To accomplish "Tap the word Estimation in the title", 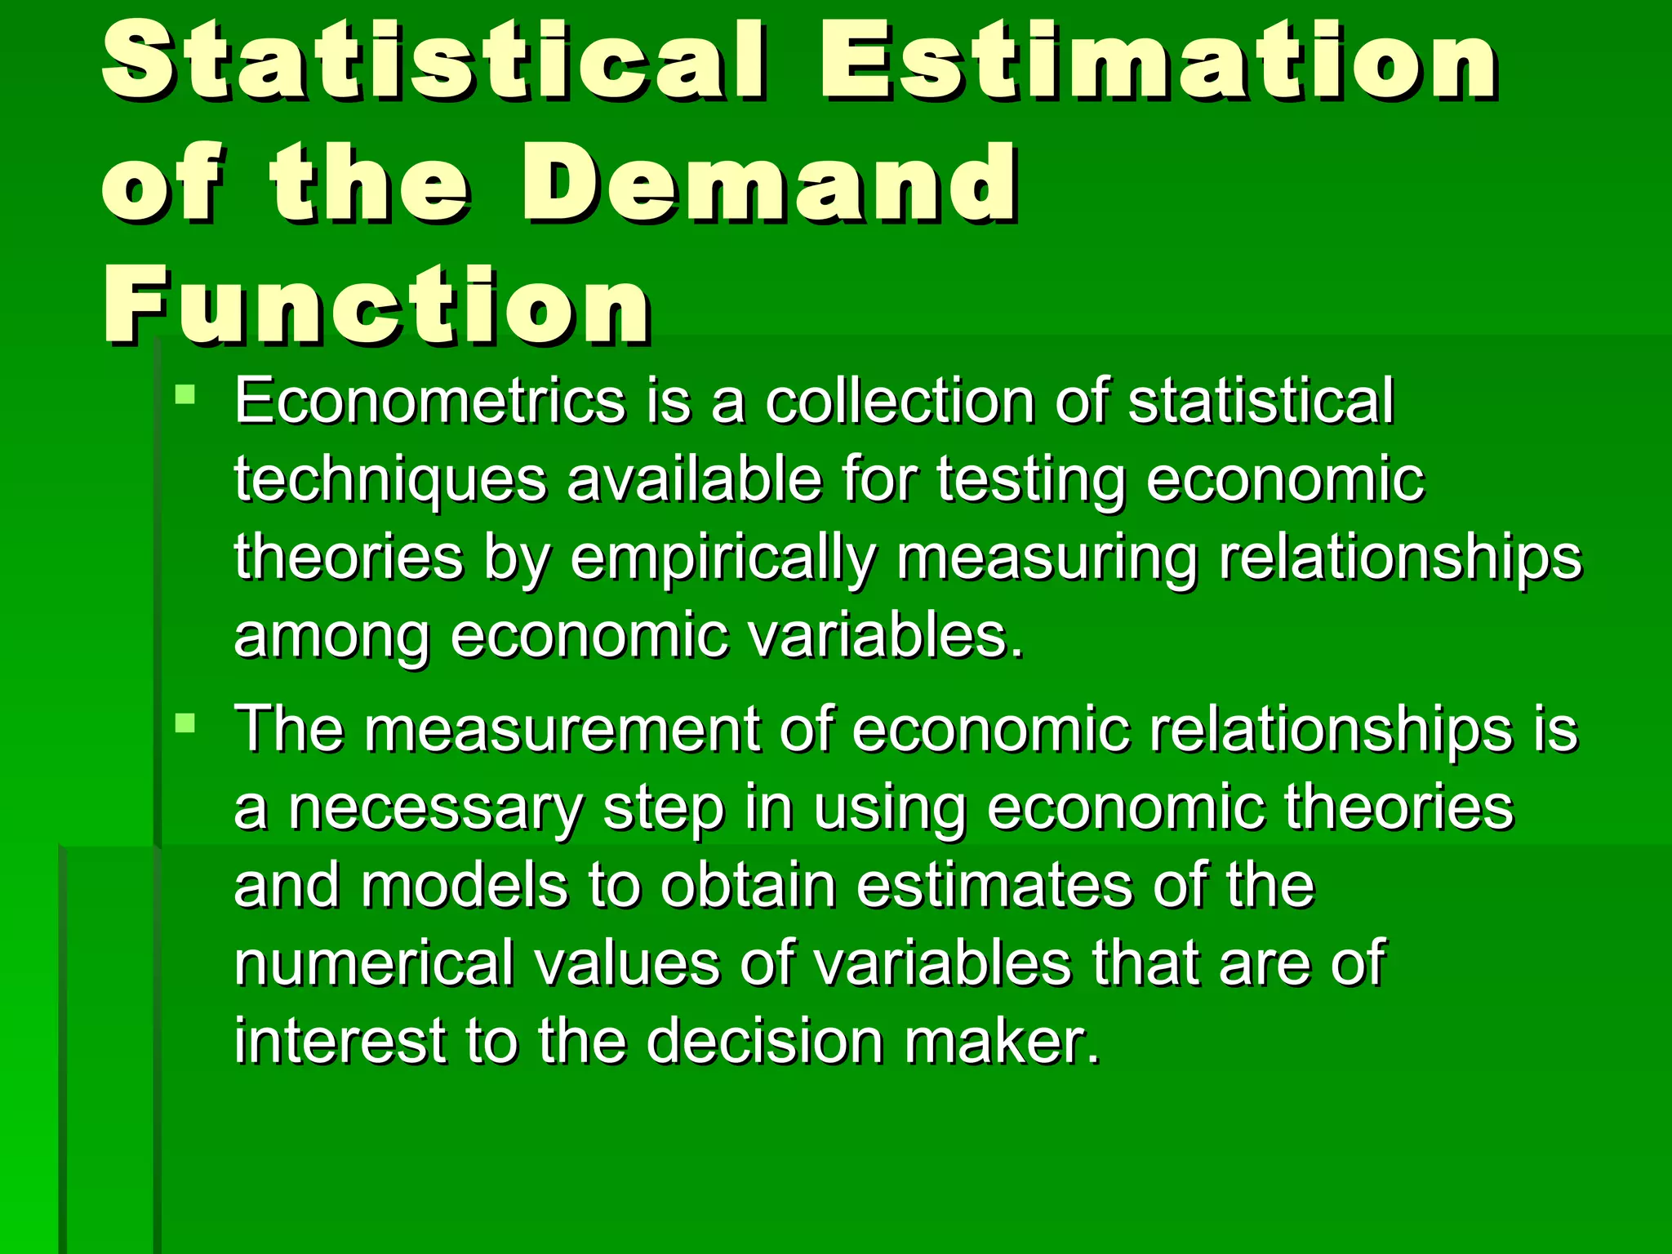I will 1159,61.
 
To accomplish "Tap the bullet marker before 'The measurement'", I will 185,723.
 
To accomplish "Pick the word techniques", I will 390,480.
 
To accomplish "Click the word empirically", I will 723,560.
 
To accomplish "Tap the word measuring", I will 1047,560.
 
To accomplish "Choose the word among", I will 331,638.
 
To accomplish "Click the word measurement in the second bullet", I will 562,728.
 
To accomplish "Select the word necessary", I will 435,808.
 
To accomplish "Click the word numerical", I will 374,963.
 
